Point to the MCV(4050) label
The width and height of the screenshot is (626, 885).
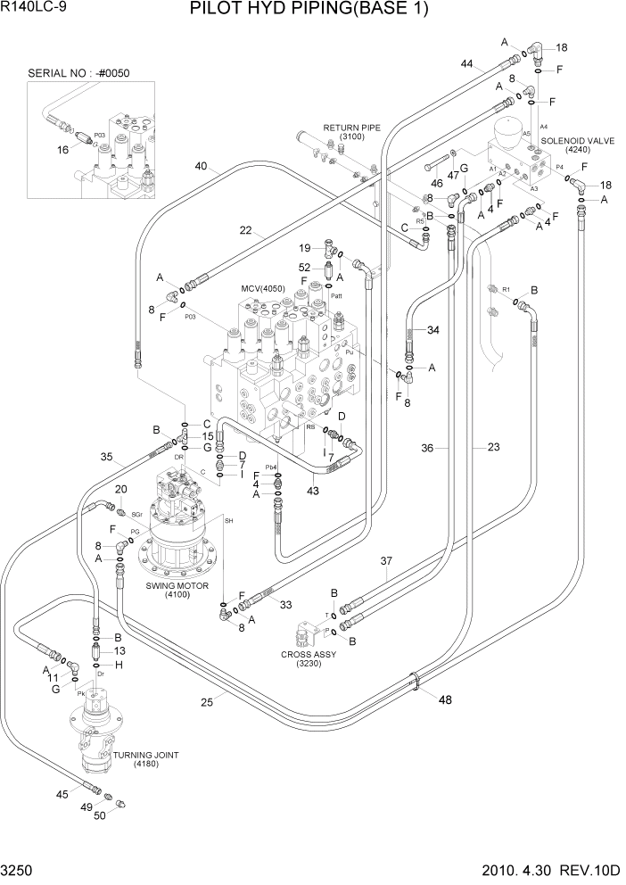[x=265, y=290]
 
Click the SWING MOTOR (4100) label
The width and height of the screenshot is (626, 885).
[x=176, y=590]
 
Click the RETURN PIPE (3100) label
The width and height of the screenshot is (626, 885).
[x=351, y=132]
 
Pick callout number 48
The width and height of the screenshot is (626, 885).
[x=445, y=700]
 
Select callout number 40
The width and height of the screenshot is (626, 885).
[x=201, y=165]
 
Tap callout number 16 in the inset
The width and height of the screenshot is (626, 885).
[x=63, y=150]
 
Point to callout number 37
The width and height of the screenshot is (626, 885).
[x=386, y=561]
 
